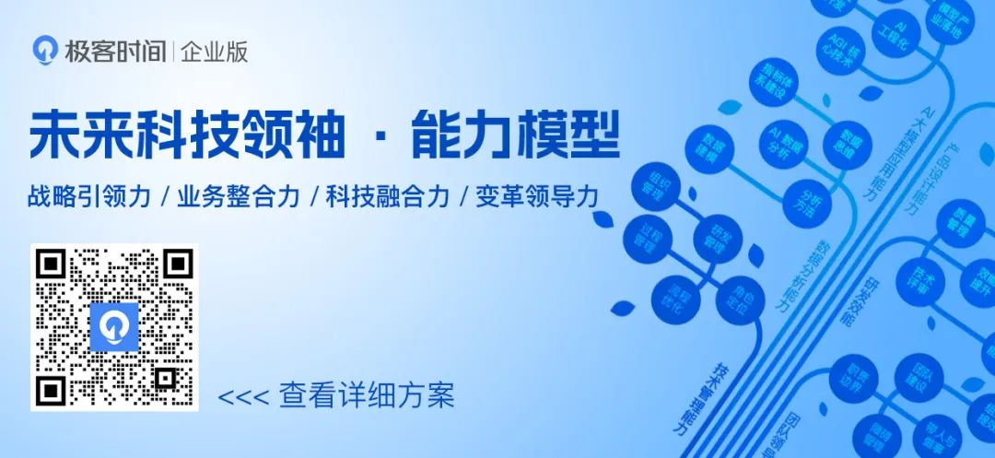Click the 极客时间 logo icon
(45, 51)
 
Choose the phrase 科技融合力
(388, 197)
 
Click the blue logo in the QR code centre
(114, 326)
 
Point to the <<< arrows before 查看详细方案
(243, 397)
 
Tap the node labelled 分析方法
(805, 204)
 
